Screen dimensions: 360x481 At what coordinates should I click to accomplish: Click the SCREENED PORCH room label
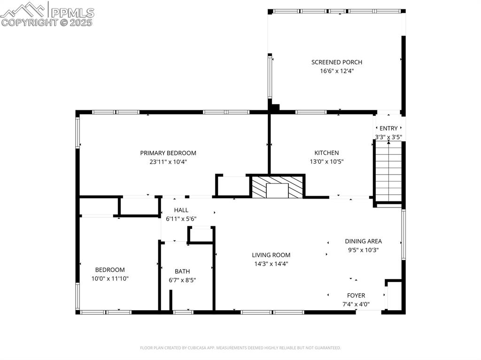tap(336, 62)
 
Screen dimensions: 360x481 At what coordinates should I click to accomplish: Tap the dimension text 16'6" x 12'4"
tap(336, 71)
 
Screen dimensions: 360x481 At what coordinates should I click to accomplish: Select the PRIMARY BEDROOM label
tap(168, 153)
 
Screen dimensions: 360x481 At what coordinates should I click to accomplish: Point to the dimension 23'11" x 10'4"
tap(168, 162)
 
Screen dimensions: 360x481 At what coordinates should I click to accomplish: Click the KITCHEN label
tap(326, 153)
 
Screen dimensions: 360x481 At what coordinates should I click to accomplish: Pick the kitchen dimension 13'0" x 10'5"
tap(326, 162)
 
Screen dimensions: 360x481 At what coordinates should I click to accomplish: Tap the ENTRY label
tap(388, 128)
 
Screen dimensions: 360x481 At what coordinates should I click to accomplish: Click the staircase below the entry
tap(388, 171)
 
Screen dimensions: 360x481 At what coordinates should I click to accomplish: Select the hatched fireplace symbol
tap(277, 187)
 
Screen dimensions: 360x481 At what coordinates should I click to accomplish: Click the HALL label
tap(181, 210)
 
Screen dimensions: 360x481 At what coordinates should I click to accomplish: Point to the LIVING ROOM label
tap(271, 255)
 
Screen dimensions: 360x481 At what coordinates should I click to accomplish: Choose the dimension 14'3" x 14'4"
tap(271, 264)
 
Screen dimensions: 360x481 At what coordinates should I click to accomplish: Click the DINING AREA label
tap(363, 241)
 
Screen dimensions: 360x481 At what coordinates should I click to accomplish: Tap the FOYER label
tap(356, 295)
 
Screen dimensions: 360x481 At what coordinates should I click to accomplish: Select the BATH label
tap(182, 271)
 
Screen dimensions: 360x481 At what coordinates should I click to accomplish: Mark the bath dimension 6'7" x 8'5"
tap(182, 280)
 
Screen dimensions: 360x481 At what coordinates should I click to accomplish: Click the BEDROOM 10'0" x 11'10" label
tap(110, 270)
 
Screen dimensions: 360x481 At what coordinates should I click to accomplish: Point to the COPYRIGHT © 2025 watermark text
tap(47, 22)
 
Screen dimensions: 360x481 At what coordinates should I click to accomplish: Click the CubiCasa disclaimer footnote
tap(240, 348)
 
